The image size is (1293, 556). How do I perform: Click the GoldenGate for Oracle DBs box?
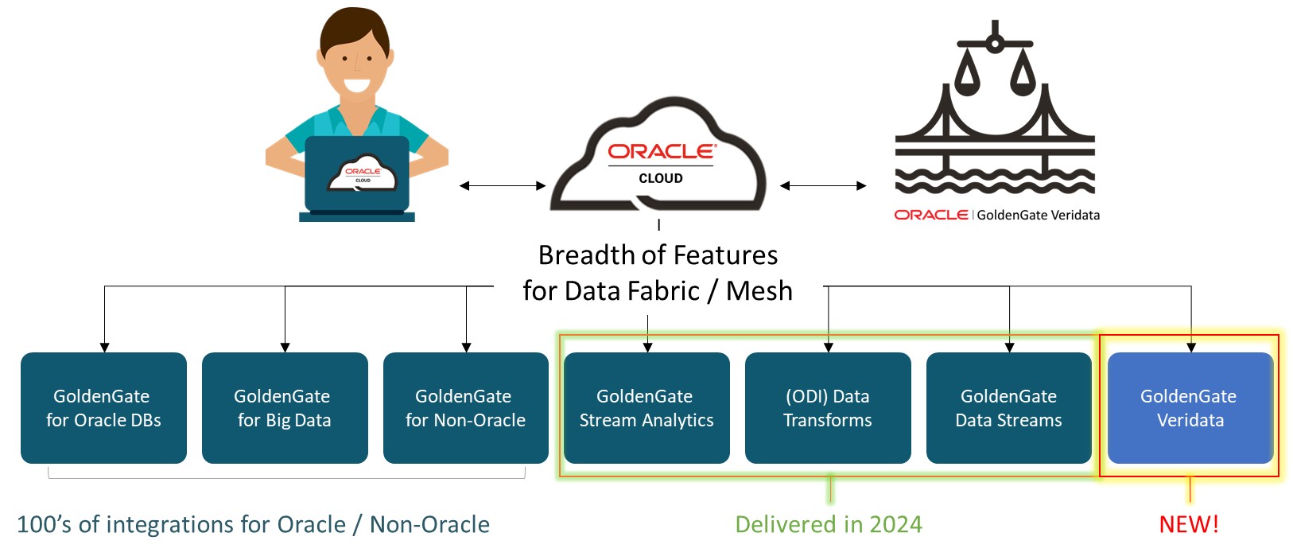tap(103, 408)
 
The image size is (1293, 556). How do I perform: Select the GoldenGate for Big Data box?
tap(285, 408)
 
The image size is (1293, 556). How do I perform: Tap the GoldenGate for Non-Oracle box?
tap(466, 408)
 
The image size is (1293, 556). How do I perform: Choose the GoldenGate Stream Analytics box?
tap(646, 408)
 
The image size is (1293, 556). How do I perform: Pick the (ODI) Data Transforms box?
tap(828, 408)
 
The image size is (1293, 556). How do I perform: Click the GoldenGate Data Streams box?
tap(1009, 408)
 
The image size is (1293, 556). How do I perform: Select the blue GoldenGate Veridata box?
tap(1190, 408)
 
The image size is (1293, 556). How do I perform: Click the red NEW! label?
tap(1189, 524)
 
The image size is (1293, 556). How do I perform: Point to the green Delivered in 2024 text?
tap(829, 524)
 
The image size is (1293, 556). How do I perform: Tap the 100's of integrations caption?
tap(253, 524)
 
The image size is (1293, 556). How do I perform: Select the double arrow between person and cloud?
tap(503, 186)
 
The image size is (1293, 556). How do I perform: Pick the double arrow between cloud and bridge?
tap(823, 186)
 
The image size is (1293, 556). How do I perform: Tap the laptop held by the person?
tap(358, 175)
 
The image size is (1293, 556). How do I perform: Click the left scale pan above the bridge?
tap(967, 76)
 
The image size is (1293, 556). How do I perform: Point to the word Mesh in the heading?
tap(759, 291)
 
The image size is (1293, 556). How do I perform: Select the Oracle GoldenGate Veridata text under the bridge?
tap(997, 215)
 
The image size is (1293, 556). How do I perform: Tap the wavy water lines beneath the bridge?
tap(995, 179)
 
